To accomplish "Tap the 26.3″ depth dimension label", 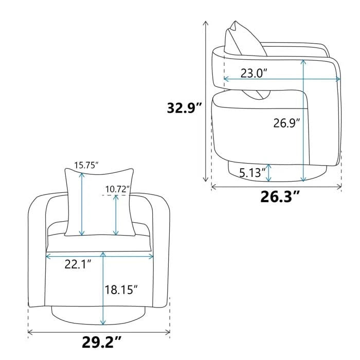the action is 280,197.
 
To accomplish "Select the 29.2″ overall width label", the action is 101,342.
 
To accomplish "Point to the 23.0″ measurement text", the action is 254,73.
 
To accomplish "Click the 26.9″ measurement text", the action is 286,123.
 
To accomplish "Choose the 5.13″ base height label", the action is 253,173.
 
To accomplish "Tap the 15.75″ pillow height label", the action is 86,165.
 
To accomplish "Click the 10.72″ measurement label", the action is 118,189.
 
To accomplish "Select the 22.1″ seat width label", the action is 78,264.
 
